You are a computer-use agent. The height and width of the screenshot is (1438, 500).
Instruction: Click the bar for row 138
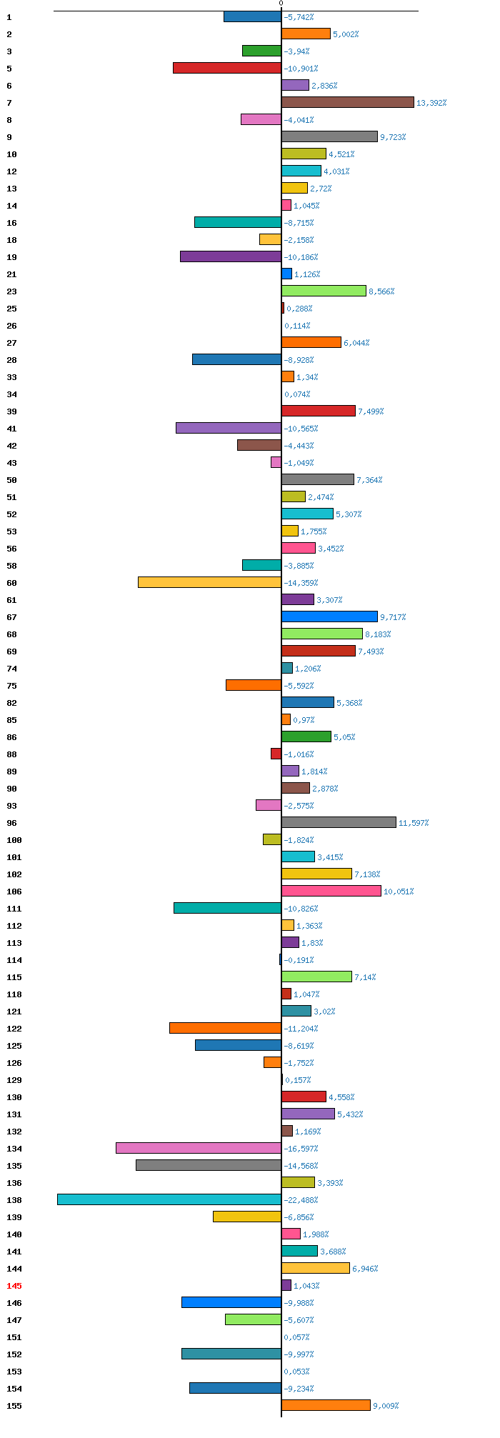point(169,1199)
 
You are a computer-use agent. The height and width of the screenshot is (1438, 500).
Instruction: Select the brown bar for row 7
point(348,102)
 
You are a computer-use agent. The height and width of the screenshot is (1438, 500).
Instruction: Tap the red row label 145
point(14,1286)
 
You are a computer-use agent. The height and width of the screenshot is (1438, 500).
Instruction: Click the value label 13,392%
point(431,103)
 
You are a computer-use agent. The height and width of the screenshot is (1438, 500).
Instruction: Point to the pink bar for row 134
point(199,1148)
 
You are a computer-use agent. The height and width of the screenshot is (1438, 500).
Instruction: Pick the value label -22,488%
point(301,1200)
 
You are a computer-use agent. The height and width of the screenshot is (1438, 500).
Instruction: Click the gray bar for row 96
point(339,822)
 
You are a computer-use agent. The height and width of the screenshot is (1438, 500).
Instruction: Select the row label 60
point(11,583)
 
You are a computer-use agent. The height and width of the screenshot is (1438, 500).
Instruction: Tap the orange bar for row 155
point(326,1405)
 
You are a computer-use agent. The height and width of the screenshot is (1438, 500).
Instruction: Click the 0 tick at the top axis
point(281,4)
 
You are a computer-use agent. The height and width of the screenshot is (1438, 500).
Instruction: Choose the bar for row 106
point(331,891)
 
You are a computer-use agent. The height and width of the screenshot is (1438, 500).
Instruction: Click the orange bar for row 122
point(225,1028)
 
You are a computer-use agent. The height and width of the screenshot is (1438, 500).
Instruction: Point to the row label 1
point(9,17)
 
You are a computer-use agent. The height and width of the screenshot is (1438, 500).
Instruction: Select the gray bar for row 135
point(209,1165)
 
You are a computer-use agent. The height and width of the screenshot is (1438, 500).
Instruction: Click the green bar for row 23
point(324,291)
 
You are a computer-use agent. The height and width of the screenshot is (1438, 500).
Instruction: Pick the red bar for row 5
point(227,68)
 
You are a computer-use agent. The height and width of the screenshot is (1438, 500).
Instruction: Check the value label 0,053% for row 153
point(296,1372)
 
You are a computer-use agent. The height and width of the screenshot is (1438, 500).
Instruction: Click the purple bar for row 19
point(231,256)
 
